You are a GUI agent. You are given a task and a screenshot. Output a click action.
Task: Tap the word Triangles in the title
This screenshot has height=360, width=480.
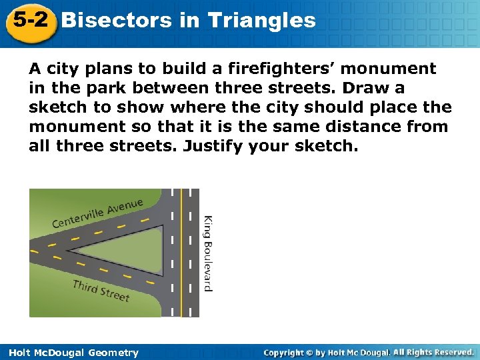262,21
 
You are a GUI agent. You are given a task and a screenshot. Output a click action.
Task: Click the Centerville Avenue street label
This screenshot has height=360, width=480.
98,212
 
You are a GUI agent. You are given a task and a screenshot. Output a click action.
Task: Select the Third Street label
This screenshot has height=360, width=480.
101,291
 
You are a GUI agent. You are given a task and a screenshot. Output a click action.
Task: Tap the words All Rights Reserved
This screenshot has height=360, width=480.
433,352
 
